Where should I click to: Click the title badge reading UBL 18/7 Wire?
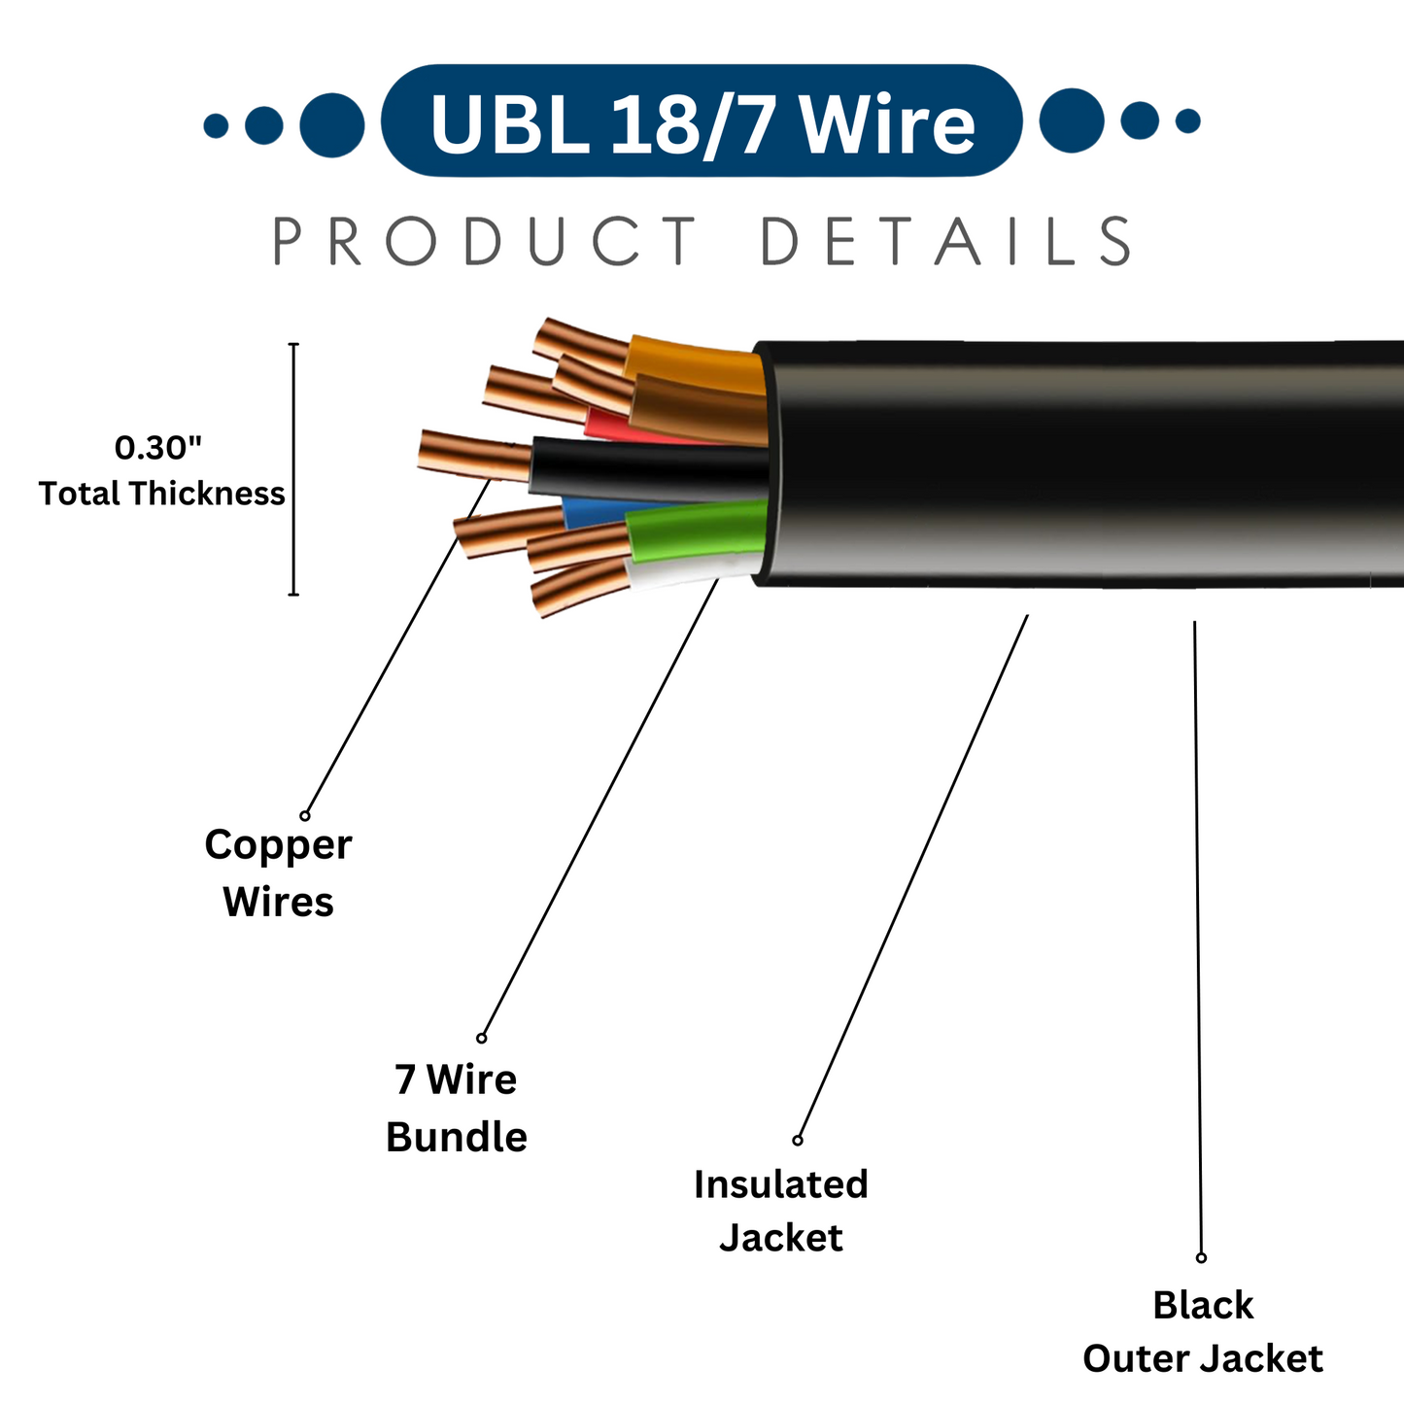click(x=702, y=121)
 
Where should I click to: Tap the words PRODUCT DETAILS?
click(x=702, y=242)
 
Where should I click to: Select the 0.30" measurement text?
click(x=158, y=448)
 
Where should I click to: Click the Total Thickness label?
click(x=162, y=494)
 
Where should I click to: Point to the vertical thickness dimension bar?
click(x=293, y=468)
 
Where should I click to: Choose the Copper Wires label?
click(x=278, y=873)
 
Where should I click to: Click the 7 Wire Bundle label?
click(x=456, y=1108)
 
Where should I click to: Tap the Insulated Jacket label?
click(x=781, y=1211)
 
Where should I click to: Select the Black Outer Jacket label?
click(x=1203, y=1331)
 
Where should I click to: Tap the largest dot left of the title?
click(x=331, y=124)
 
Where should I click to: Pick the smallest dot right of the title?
click(x=1187, y=121)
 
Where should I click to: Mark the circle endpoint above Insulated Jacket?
click(x=798, y=1140)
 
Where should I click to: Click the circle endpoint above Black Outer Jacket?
click(x=1201, y=1257)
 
